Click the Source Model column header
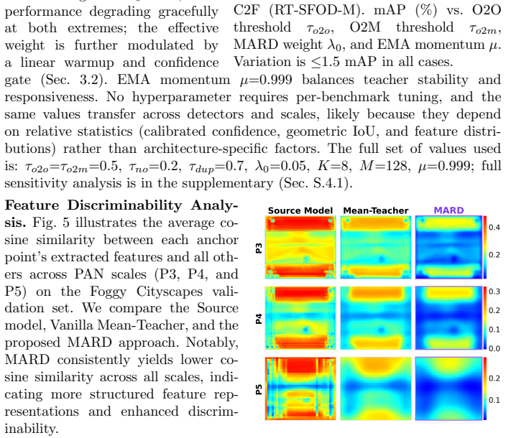[x=300, y=210]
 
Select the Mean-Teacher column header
[x=376, y=210]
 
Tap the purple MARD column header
[x=448, y=210]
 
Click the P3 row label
[x=259, y=248]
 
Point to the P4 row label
[x=259, y=319]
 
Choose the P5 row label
[x=259, y=389]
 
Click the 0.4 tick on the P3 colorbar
[x=494, y=228]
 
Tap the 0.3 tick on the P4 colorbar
[x=494, y=292]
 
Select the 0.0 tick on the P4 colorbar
[x=494, y=348]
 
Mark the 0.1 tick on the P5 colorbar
[x=494, y=400]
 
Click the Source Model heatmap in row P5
[x=300, y=388]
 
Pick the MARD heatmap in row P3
[x=448, y=247]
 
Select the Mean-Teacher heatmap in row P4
[x=376, y=318]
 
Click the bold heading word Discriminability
[x=124, y=205]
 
